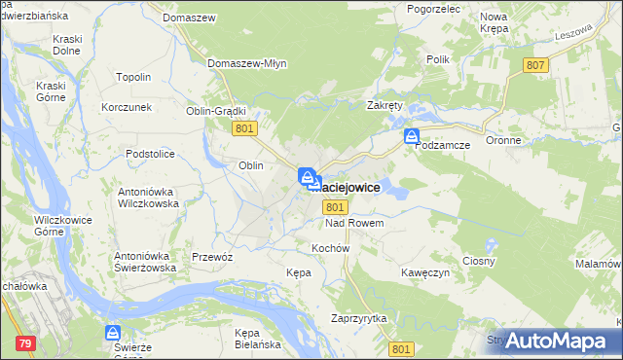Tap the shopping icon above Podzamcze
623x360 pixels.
413,137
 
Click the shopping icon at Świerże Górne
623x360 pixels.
113,334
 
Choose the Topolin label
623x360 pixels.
133,77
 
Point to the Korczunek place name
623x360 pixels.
127,106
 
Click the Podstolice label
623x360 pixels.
149,154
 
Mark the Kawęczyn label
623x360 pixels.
425,273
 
